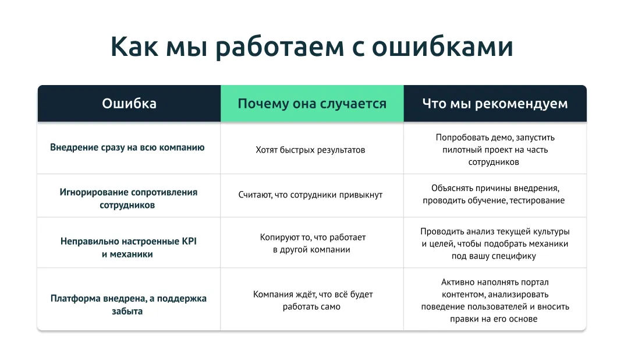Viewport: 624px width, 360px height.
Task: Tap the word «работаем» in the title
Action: tap(279, 47)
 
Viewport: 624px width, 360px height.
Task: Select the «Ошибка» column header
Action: tap(129, 104)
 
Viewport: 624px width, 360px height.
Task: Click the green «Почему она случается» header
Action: tap(312, 104)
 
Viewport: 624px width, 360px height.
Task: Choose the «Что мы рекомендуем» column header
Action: tap(495, 104)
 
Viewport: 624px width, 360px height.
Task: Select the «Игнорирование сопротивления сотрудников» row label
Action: tap(128, 199)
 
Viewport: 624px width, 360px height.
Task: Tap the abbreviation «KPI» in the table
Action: tap(189, 241)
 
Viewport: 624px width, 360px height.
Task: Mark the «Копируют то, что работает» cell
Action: tap(313, 243)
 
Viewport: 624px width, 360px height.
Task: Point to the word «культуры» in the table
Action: tap(552, 232)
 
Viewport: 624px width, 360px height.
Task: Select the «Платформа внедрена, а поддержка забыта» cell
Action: tap(128, 305)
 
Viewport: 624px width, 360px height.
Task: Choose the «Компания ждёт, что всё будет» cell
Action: tap(313, 300)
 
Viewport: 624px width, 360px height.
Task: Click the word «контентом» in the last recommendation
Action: tap(463, 295)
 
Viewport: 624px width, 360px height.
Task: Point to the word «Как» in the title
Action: tap(134, 47)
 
